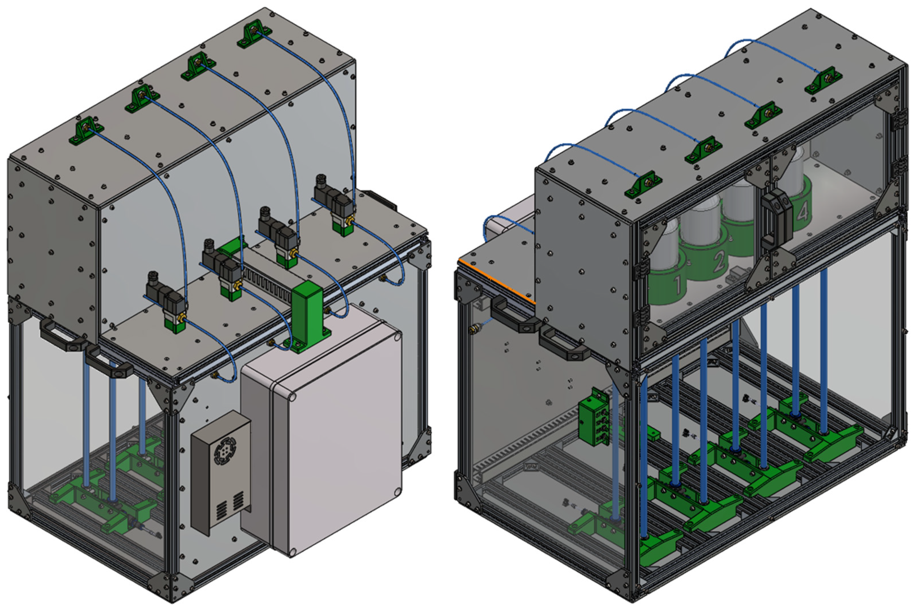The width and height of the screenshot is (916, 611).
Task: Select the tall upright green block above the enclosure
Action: [308, 315]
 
